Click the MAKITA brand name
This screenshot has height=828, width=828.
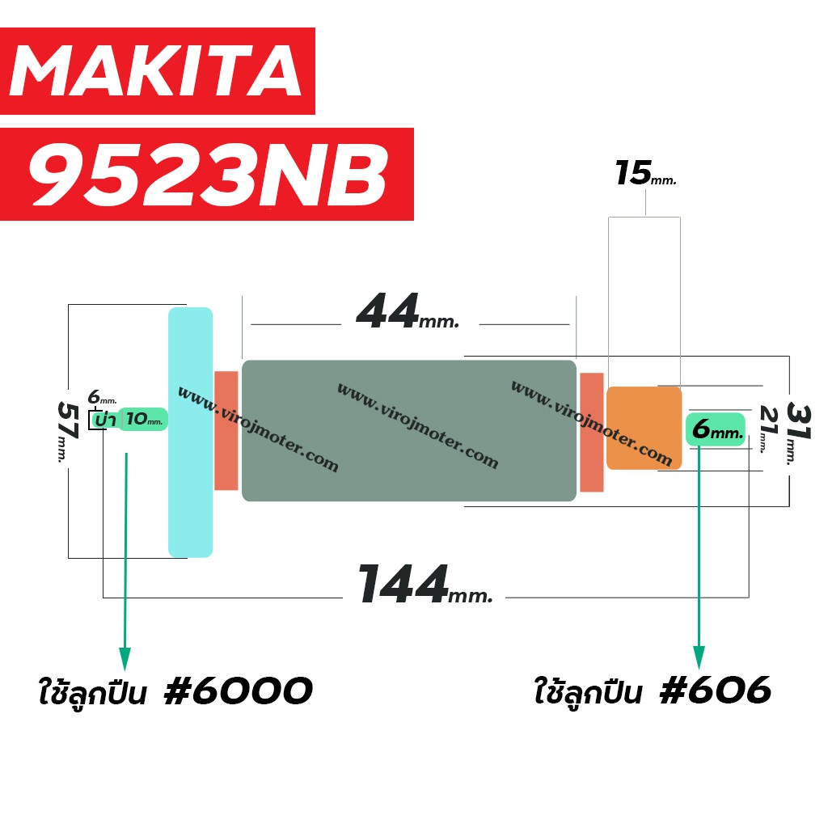tap(156, 70)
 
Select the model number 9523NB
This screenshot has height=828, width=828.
tap(209, 175)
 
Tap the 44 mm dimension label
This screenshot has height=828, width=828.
tap(408, 311)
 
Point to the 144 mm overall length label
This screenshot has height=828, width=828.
tap(425, 584)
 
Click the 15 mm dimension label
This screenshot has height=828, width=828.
tap(645, 173)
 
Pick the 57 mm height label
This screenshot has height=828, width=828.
tap(68, 431)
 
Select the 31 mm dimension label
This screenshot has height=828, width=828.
tap(797, 433)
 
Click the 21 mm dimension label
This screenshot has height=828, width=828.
tap(768, 429)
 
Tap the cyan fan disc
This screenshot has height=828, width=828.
tap(190, 432)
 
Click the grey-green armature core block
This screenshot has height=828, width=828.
tap(408, 430)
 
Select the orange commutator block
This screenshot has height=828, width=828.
tap(644, 428)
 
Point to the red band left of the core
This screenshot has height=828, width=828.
tap(226, 430)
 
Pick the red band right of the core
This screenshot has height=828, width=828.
tap(591, 432)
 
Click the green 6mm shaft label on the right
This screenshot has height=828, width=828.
tap(716, 429)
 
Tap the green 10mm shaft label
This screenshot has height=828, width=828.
tap(142, 420)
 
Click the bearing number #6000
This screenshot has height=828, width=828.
tap(239, 691)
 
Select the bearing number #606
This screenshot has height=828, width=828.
tap(716, 690)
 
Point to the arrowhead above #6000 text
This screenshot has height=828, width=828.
tap(125, 659)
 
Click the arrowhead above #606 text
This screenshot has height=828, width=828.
tap(699, 657)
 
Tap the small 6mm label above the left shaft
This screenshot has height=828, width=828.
tap(102, 396)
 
